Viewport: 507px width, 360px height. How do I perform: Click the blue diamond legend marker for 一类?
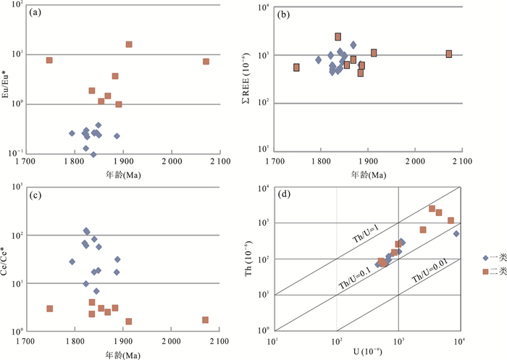click(483, 258)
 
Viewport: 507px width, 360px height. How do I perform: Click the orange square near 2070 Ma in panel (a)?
click(206, 62)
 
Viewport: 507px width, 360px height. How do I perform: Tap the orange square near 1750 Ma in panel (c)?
click(49, 309)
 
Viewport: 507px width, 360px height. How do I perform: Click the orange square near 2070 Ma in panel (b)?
click(449, 54)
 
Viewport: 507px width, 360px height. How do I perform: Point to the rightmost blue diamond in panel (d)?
click(456, 233)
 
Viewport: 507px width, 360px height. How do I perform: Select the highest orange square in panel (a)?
click(129, 44)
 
